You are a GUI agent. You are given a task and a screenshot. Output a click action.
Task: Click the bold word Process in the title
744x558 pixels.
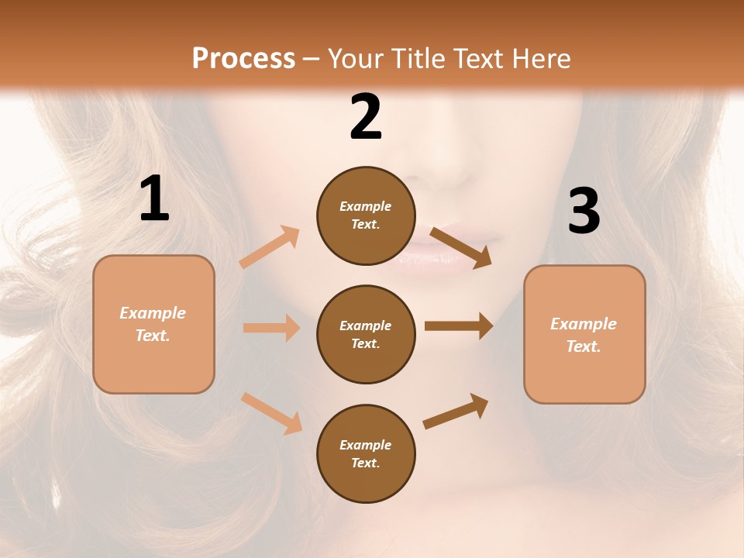coord(243,59)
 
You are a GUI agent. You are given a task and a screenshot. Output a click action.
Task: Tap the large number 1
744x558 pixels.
coord(154,199)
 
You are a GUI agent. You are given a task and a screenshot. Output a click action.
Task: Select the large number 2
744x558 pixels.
coord(366,117)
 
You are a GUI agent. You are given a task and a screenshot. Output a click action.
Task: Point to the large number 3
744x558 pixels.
coord(584,211)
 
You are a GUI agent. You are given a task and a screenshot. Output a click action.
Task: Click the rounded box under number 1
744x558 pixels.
coord(153,325)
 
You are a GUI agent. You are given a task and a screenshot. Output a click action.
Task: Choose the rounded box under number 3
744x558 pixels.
coord(584,335)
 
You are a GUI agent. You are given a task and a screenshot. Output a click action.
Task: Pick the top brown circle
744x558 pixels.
coord(366,215)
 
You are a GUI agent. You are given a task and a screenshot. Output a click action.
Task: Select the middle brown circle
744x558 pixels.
coord(366,335)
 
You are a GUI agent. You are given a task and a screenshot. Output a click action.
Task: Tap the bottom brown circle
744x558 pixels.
coord(366,453)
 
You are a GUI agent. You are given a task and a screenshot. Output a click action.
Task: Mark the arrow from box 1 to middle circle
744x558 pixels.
coord(271,328)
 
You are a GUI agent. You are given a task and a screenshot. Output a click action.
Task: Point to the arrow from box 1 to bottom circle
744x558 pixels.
coord(271,413)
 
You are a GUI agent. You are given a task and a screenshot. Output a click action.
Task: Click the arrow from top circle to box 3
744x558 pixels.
coord(460,246)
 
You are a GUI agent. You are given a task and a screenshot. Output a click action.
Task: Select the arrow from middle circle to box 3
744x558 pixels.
coord(459,325)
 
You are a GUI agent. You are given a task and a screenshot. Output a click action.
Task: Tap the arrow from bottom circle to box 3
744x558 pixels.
coord(456,411)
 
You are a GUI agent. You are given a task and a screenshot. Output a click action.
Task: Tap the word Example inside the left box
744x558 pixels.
coord(153,313)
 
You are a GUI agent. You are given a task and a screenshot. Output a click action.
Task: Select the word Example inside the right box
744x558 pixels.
coord(584,324)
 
